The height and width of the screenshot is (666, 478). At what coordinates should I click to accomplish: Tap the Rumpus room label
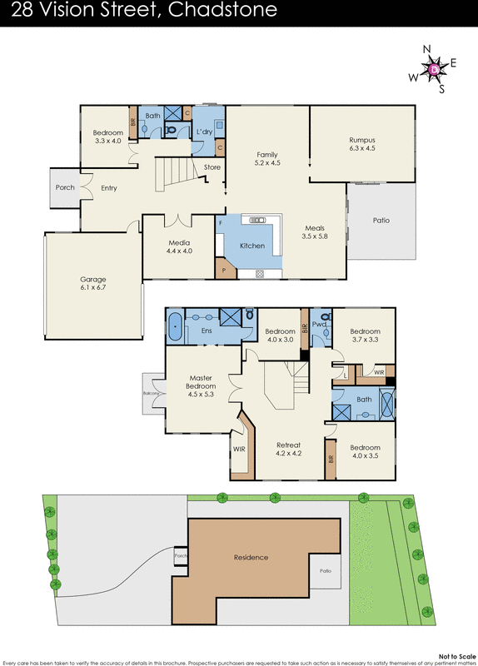[x=361, y=144]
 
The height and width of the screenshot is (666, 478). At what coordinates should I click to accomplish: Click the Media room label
[x=179, y=246]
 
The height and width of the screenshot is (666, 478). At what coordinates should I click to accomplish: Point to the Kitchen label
[x=252, y=246]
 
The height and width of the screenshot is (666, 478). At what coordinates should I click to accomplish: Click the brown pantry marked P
[x=224, y=269]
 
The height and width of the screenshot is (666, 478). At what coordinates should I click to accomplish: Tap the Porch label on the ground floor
[x=65, y=187]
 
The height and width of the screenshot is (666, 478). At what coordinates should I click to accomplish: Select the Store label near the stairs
[x=212, y=167]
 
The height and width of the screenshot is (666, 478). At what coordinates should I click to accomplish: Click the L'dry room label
[x=203, y=132]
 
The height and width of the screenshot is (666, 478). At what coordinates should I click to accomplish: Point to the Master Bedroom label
[x=201, y=385]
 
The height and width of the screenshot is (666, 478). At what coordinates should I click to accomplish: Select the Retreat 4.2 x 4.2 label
[x=288, y=450]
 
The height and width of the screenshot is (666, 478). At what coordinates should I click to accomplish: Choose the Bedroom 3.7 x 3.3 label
[x=364, y=335]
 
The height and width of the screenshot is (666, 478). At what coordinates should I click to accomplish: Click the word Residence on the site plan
[x=251, y=557]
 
